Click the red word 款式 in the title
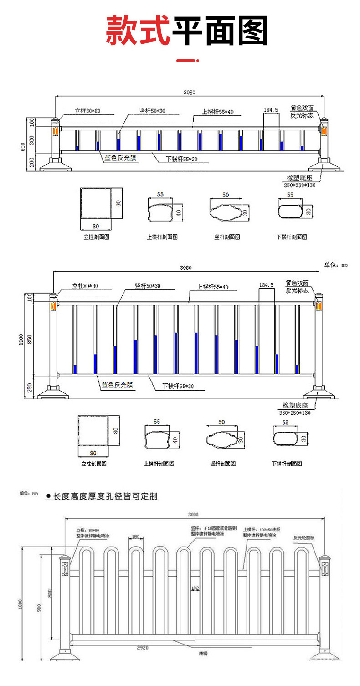coord(138,31)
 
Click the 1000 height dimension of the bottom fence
coord(20,603)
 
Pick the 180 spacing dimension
coord(135,536)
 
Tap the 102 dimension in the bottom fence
coord(195,588)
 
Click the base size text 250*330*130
coord(300,185)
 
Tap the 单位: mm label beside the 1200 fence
coord(335,264)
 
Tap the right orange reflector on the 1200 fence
coord(319,305)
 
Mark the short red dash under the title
coord(187,60)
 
